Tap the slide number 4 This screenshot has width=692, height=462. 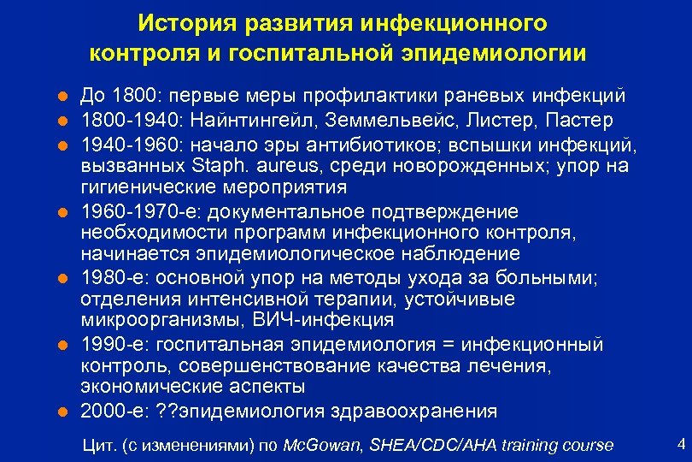(x=680, y=443)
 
